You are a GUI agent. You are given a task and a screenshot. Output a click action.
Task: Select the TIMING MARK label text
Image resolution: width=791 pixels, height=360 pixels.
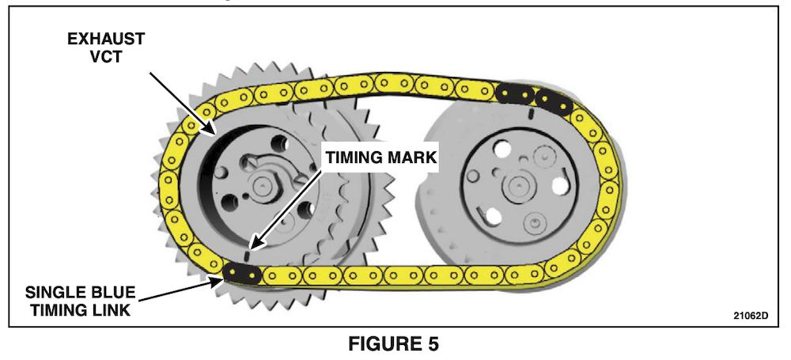[x=379, y=157]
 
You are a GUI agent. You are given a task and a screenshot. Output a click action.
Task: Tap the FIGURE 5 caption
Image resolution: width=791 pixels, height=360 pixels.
[x=395, y=343]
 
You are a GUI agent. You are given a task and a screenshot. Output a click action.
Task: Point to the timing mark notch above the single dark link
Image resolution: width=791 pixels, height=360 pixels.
[x=248, y=255]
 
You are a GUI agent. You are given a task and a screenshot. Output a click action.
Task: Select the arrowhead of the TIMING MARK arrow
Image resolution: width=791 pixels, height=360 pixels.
[x=252, y=244]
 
